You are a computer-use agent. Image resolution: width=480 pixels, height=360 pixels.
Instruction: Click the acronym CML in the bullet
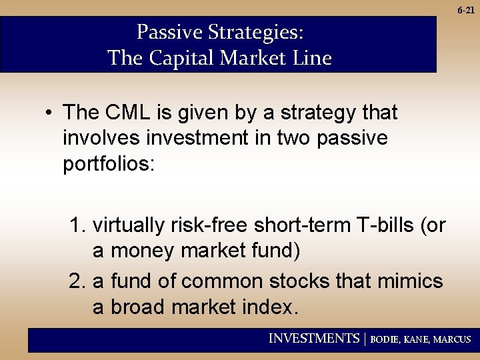pyautogui.click(x=128, y=113)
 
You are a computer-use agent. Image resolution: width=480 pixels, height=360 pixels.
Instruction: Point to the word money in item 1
pyautogui.click(x=138, y=251)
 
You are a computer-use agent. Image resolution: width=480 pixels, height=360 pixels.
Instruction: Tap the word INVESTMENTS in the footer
pyautogui.click(x=313, y=339)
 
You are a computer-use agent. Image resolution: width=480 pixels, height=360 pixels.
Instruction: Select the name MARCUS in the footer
pyautogui.click(x=452, y=339)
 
